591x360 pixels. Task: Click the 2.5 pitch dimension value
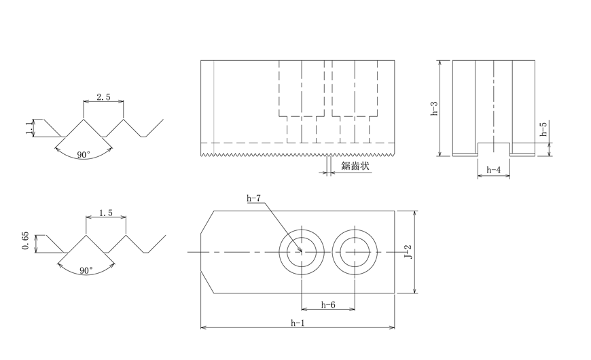point(103,97)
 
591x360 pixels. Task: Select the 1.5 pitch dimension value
point(105,213)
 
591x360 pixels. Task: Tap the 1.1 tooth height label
point(29,128)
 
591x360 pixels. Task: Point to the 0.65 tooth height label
point(26,242)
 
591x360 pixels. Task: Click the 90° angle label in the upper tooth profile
point(84,155)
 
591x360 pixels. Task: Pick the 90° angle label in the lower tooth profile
point(86,270)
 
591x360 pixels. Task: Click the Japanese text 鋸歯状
point(355,166)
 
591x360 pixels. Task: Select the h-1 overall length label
point(297,322)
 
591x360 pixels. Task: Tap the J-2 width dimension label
point(408,252)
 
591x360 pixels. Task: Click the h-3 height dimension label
point(434,108)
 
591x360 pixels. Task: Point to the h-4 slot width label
point(494,170)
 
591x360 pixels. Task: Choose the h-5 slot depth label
point(543,130)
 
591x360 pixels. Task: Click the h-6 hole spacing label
point(327,305)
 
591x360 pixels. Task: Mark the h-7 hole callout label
point(254,198)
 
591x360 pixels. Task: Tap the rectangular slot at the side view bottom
point(494,149)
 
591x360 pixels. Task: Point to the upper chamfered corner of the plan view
point(207,222)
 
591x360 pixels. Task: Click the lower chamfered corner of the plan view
point(207,282)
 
